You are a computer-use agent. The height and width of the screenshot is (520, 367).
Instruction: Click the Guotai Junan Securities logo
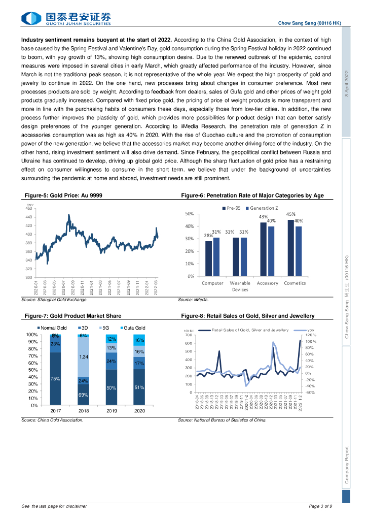click(65, 18)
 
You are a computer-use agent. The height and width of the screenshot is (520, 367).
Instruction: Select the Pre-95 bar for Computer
click(209, 258)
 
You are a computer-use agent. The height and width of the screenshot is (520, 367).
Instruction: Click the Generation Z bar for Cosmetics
click(299, 251)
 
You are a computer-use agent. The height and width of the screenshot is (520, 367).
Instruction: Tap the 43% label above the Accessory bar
click(264, 216)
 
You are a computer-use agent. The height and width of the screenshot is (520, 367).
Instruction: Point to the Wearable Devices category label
click(240, 286)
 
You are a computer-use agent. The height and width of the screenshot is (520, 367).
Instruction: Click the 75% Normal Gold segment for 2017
click(55, 379)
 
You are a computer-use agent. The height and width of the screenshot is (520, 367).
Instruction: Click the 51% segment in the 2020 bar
click(139, 387)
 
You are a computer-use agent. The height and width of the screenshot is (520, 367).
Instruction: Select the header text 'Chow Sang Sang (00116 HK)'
click(310, 23)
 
